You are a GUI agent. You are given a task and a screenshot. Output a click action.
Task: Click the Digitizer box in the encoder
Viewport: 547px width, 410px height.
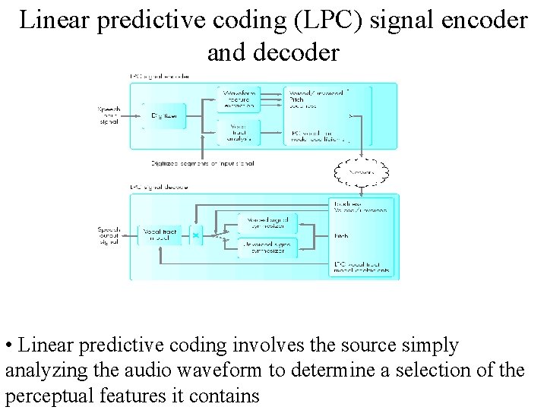click(164, 115)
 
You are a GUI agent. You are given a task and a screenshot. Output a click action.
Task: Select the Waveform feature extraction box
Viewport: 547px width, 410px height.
click(239, 99)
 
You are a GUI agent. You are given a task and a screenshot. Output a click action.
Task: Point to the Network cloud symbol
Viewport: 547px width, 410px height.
click(362, 173)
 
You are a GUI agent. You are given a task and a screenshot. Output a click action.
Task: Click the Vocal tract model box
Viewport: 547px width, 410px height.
click(160, 235)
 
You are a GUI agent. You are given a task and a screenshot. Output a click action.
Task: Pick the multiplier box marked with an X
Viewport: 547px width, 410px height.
click(196, 235)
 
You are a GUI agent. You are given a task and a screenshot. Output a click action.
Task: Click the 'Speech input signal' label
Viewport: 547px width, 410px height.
click(109, 115)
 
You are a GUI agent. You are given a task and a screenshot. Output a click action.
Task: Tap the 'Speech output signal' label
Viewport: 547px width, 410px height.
click(109, 235)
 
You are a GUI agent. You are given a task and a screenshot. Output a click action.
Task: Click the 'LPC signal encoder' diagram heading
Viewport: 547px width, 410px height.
click(160, 77)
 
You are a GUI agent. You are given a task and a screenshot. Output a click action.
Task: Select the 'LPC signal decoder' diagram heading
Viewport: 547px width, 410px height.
click(160, 186)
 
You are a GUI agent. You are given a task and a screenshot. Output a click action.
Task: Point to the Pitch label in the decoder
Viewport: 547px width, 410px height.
click(340, 236)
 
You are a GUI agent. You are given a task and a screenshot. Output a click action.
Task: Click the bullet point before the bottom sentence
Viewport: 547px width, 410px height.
click(8, 347)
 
